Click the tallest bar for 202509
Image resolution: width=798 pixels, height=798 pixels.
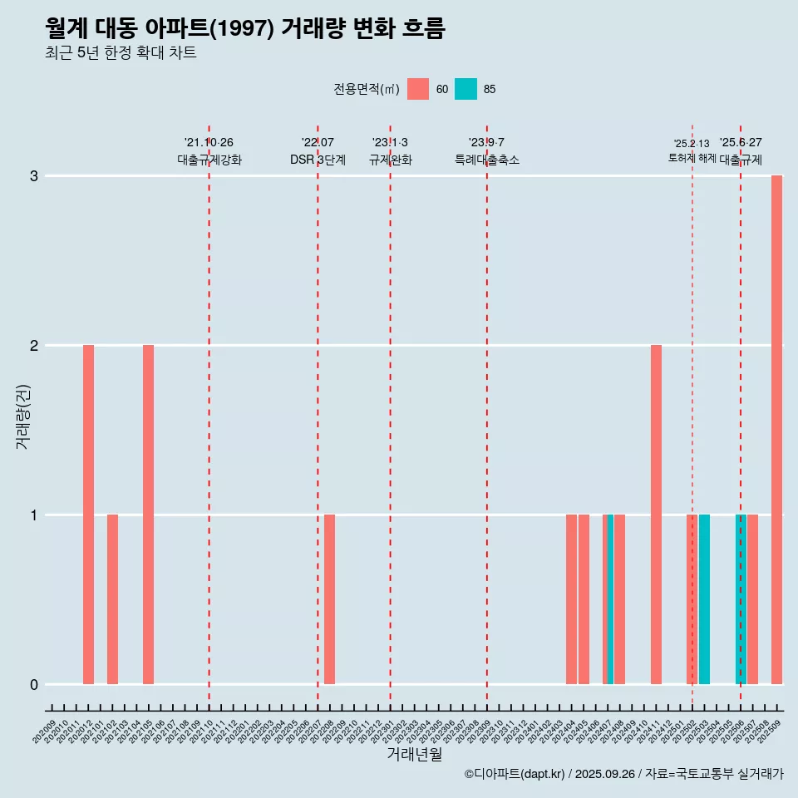coord(776,430)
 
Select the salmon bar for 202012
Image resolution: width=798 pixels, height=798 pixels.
coord(88,515)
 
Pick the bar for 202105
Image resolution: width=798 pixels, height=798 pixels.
coord(148,515)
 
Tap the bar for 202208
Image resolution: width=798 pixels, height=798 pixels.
coord(329,599)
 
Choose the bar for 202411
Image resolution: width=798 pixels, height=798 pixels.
coord(656,515)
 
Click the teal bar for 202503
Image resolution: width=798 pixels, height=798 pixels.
coord(704,599)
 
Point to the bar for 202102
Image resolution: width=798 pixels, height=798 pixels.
coord(112,599)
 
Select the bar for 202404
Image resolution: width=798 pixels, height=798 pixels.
coord(571,599)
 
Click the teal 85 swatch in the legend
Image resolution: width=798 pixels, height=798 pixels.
coord(465,89)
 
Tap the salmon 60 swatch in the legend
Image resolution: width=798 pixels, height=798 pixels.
coord(418,89)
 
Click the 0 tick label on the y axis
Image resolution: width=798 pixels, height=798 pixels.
coord(34,685)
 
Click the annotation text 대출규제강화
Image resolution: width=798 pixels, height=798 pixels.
coord(209,160)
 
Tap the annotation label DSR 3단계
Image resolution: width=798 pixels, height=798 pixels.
coord(318,160)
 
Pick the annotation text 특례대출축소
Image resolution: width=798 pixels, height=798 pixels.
coord(486,160)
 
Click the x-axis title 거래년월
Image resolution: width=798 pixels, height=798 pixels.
coord(414,755)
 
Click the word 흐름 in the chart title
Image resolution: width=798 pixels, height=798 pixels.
coord(423,28)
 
